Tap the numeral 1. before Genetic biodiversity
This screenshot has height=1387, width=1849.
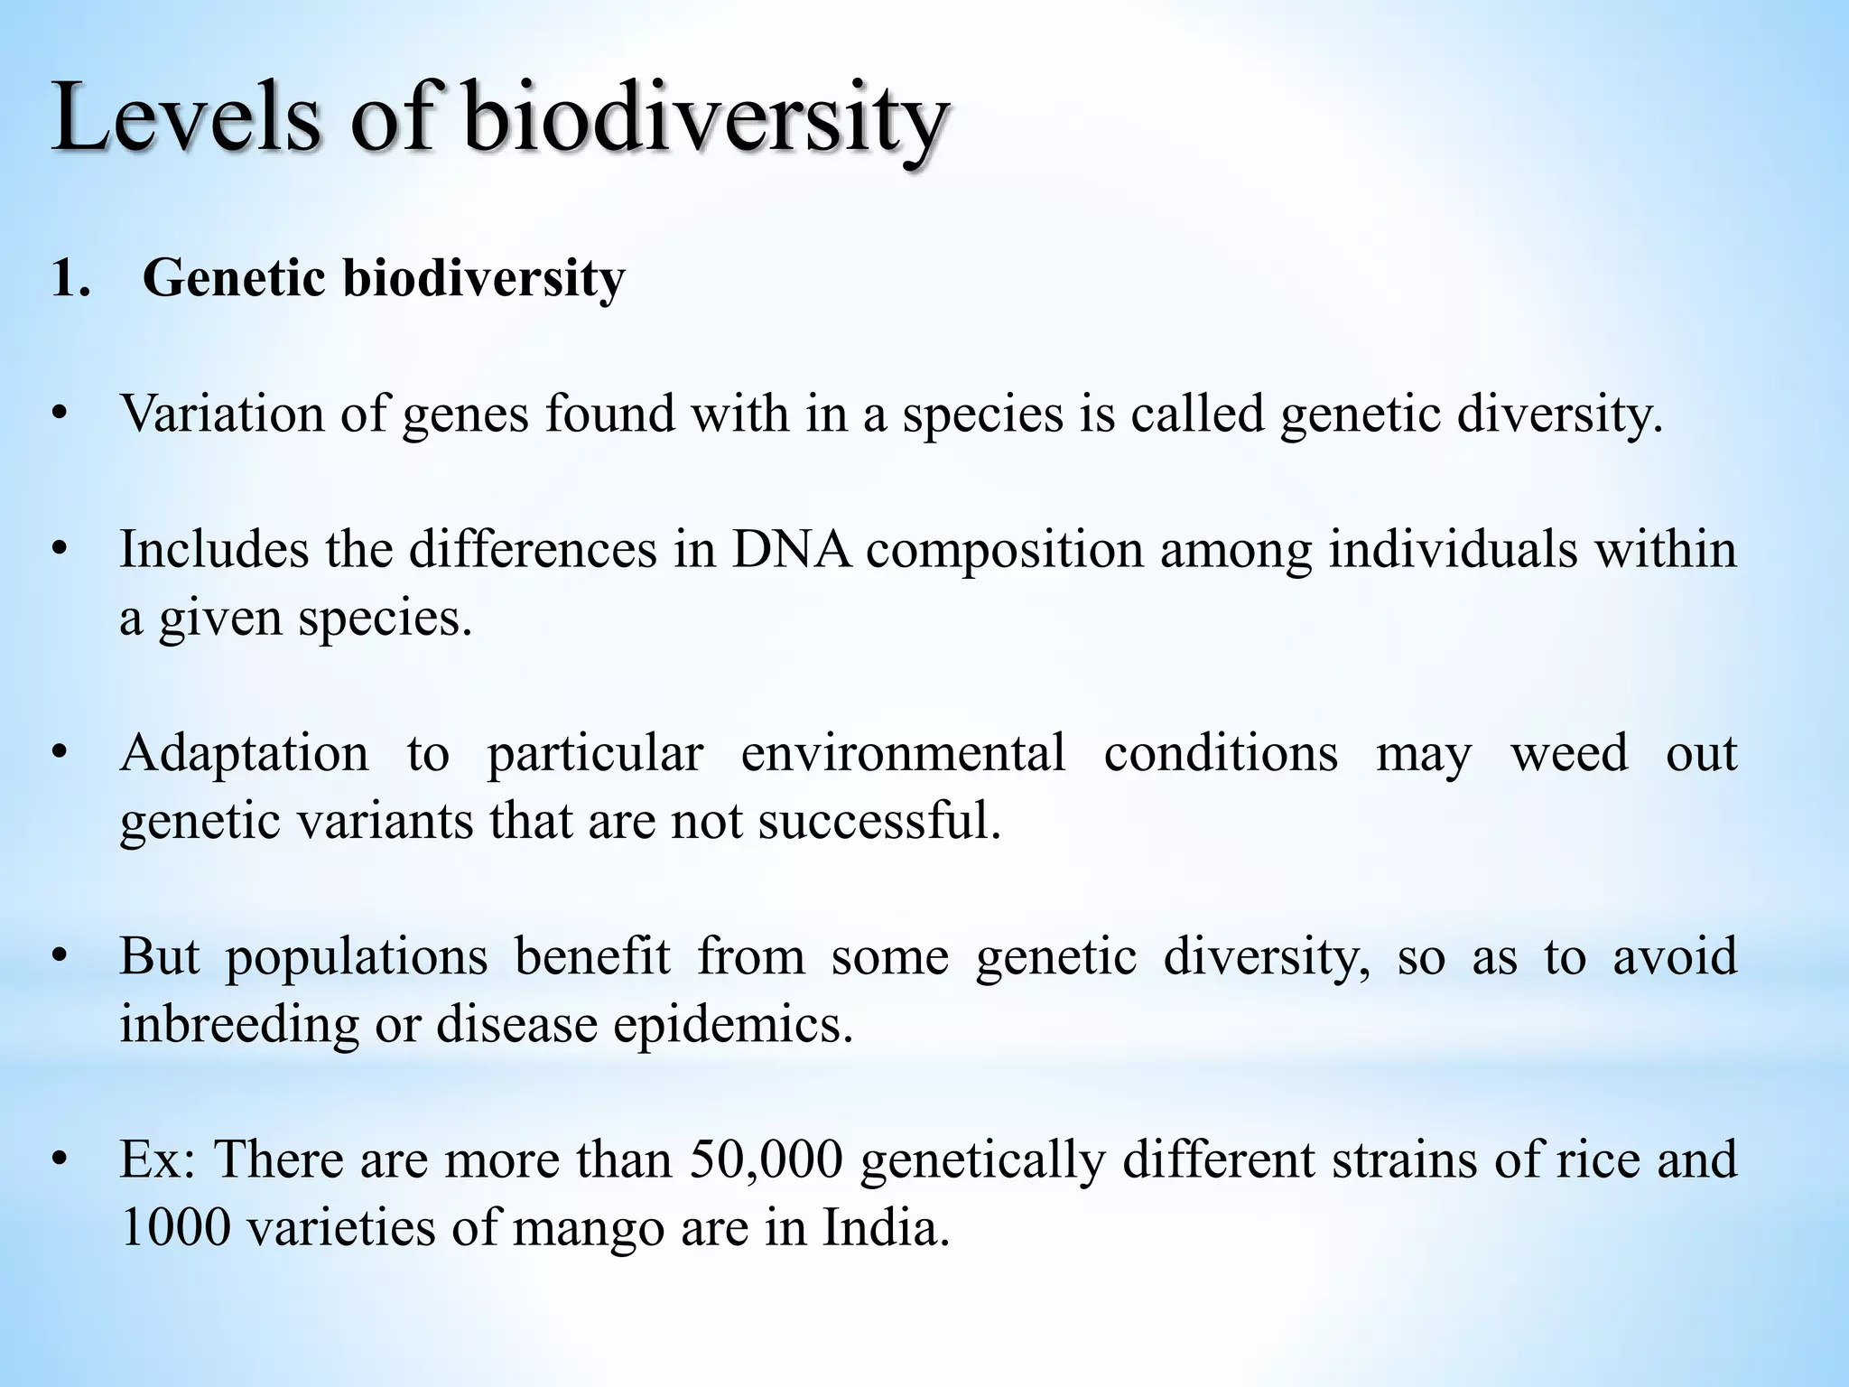click(x=71, y=278)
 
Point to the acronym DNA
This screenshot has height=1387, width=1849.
click(x=791, y=550)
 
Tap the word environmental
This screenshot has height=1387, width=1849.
click(x=902, y=753)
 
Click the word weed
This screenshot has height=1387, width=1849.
click(x=1569, y=753)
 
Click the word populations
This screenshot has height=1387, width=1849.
click(x=356, y=958)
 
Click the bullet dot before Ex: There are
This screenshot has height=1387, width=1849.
click(x=60, y=1161)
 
